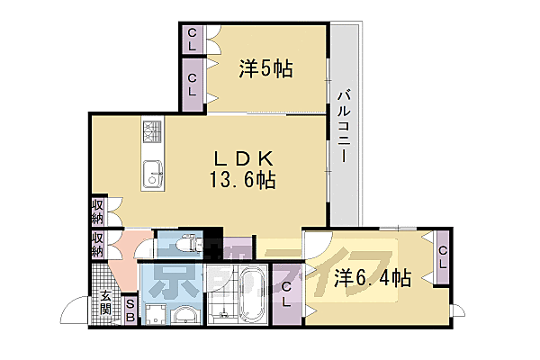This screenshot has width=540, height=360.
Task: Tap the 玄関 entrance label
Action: tap(106, 303)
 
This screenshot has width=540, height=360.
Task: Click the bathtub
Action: tap(249, 295)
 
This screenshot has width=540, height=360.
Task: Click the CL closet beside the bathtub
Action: tap(286, 295)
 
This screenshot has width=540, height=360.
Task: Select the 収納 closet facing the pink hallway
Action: tap(97, 244)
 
